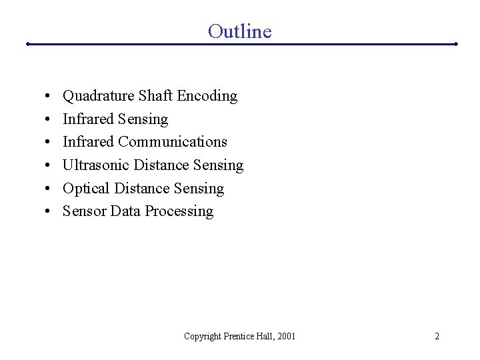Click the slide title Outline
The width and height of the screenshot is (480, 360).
point(239,31)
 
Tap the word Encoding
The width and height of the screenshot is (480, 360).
point(207,97)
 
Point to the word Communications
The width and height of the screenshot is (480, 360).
point(173,142)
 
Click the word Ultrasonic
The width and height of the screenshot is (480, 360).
point(96,165)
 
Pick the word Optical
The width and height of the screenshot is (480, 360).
point(87,189)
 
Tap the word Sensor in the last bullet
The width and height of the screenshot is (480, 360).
point(85,211)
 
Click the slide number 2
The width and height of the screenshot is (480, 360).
point(437,336)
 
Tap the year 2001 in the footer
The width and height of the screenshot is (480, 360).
point(285,336)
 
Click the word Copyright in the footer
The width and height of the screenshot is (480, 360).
point(203,337)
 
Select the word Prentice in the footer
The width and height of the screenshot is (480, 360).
point(241,336)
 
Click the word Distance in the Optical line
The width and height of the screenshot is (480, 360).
point(142,189)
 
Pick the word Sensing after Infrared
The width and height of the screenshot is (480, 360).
point(143,119)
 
